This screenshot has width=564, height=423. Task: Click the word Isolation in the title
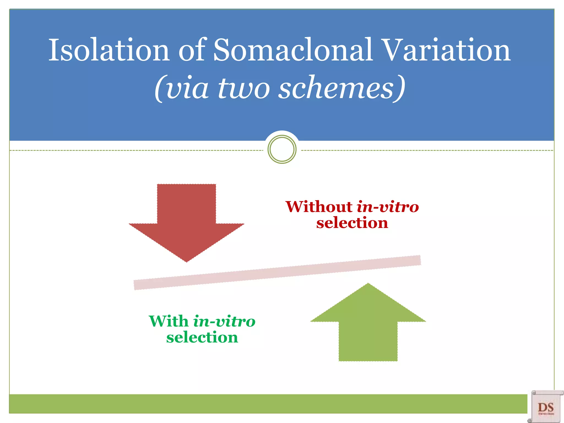[109, 50]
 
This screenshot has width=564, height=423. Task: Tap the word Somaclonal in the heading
[293, 50]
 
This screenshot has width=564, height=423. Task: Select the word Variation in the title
[447, 50]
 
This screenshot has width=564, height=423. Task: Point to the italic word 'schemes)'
[341, 88]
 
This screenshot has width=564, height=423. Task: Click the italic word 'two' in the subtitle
[244, 88]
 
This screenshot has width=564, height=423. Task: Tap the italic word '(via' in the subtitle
[182, 88]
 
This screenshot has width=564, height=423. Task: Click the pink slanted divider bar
[277, 273]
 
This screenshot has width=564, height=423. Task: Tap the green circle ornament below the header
[282, 149]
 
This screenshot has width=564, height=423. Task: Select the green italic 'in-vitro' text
[224, 321]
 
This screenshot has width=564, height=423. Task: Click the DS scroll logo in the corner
[546, 407]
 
